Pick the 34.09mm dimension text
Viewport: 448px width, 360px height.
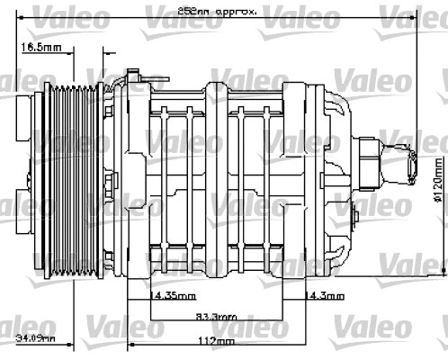click(36, 339)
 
